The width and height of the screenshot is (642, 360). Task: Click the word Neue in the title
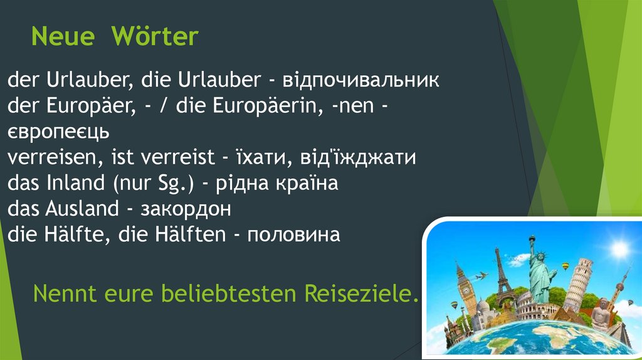(63, 38)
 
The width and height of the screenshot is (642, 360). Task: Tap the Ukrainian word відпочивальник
(360, 81)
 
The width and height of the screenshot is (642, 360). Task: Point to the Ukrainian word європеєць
(59, 132)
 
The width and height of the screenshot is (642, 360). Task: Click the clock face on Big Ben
(465, 290)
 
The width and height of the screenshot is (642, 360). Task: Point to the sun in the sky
(619, 250)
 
